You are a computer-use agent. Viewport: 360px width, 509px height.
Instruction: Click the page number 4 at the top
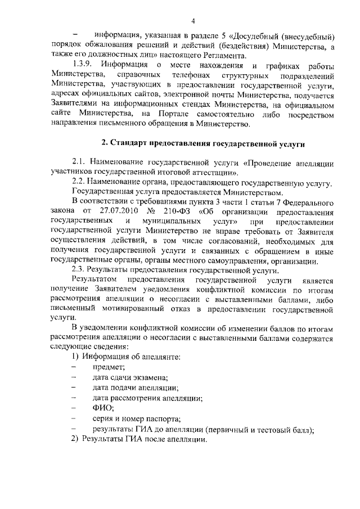192,22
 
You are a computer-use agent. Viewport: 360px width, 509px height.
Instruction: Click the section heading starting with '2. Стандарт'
199,145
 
